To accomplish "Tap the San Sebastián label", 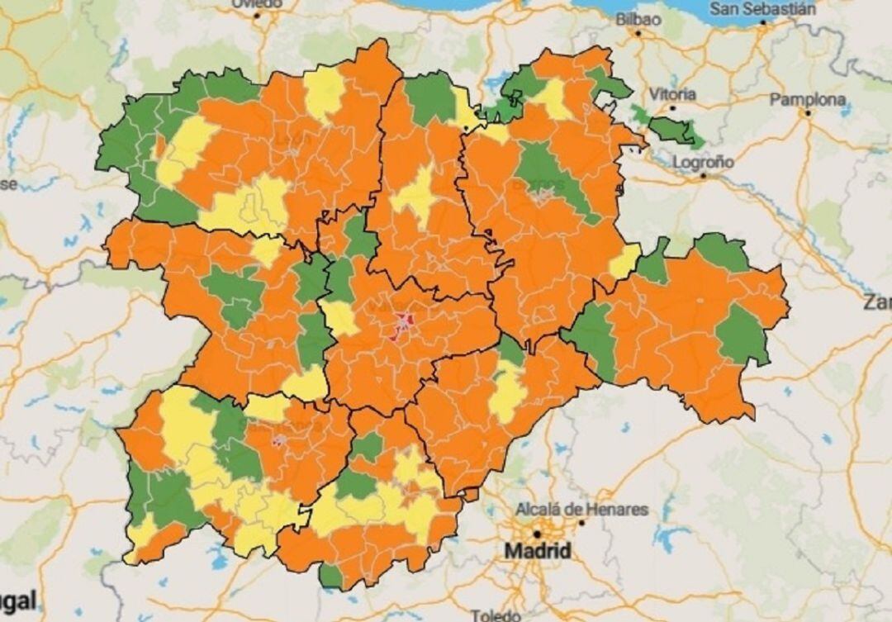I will pyautogui.click(x=763, y=9).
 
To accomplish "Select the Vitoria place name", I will pyautogui.click(x=673, y=93).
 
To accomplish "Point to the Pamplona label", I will pyautogui.click(x=808, y=100).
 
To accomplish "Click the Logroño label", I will pyautogui.click(x=703, y=162).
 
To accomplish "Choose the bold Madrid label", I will pyautogui.click(x=538, y=550).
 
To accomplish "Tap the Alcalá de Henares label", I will pyautogui.click(x=582, y=509).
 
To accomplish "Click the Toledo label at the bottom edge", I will pyautogui.click(x=496, y=615).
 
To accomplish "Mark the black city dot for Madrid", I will pyautogui.click(x=537, y=534).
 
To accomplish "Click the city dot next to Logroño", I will pyautogui.click(x=704, y=175).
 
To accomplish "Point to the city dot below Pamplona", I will pyautogui.click(x=807, y=113).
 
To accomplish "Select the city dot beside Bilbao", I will pyautogui.click(x=638, y=33).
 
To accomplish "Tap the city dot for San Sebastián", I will pyautogui.click(x=762, y=22).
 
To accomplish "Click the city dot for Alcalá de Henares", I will pyautogui.click(x=581, y=522).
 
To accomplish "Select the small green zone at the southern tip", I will pyautogui.click(x=331, y=575).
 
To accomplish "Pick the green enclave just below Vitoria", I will pyautogui.click(x=673, y=131).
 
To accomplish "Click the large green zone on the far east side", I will pyautogui.click(x=741, y=335).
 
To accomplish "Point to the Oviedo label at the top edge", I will pyautogui.click(x=256, y=4).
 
